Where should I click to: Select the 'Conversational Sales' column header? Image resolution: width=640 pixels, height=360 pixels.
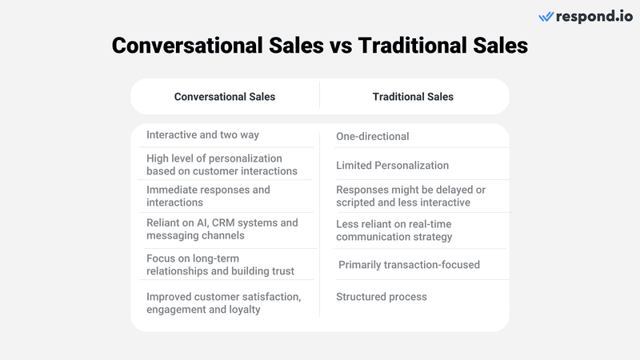pyautogui.click(x=225, y=97)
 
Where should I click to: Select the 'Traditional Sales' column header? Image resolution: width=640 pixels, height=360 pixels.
pyautogui.click(x=413, y=97)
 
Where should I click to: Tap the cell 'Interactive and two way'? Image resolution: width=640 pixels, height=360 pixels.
pyautogui.click(x=202, y=135)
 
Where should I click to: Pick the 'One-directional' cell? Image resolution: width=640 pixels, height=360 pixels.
pyautogui.click(x=372, y=136)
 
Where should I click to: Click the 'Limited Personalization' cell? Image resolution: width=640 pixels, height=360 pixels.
pyautogui.click(x=392, y=166)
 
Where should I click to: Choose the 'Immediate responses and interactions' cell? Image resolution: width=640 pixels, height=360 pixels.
pyautogui.click(x=208, y=196)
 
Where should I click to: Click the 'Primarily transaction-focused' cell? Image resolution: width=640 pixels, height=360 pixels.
pyautogui.click(x=409, y=264)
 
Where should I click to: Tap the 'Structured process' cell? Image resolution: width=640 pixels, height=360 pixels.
pyautogui.click(x=382, y=297)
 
